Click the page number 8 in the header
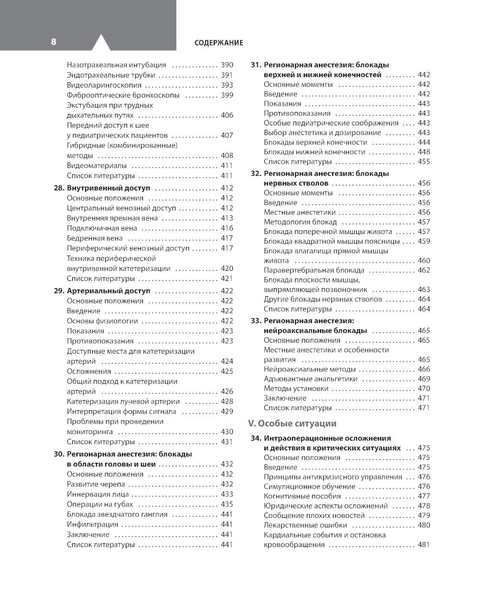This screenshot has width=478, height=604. (54, 42)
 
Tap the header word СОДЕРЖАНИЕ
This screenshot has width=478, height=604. (219, 43)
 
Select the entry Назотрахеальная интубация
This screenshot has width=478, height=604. (116, 65)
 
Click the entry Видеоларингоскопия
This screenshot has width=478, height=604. (103, 85)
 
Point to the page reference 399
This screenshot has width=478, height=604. (227, 95)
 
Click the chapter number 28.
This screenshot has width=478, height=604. (59, 188)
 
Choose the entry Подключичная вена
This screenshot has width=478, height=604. (102, 228)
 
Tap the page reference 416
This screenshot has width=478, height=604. (227, 228)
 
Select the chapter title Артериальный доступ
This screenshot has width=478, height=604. (109, 291)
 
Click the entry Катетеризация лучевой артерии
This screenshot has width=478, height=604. (123, 402)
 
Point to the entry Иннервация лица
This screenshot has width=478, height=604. (96, 494)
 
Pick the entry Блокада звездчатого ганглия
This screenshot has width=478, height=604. (117, 514)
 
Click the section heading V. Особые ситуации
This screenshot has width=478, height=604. (292, 423)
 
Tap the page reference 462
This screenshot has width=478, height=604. (424, 270)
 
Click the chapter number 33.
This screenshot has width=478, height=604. (256, 321)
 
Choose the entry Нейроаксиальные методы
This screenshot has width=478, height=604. (310, 369)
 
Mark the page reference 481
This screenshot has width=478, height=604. (424, 544)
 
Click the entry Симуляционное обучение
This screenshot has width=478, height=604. (309, 486)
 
